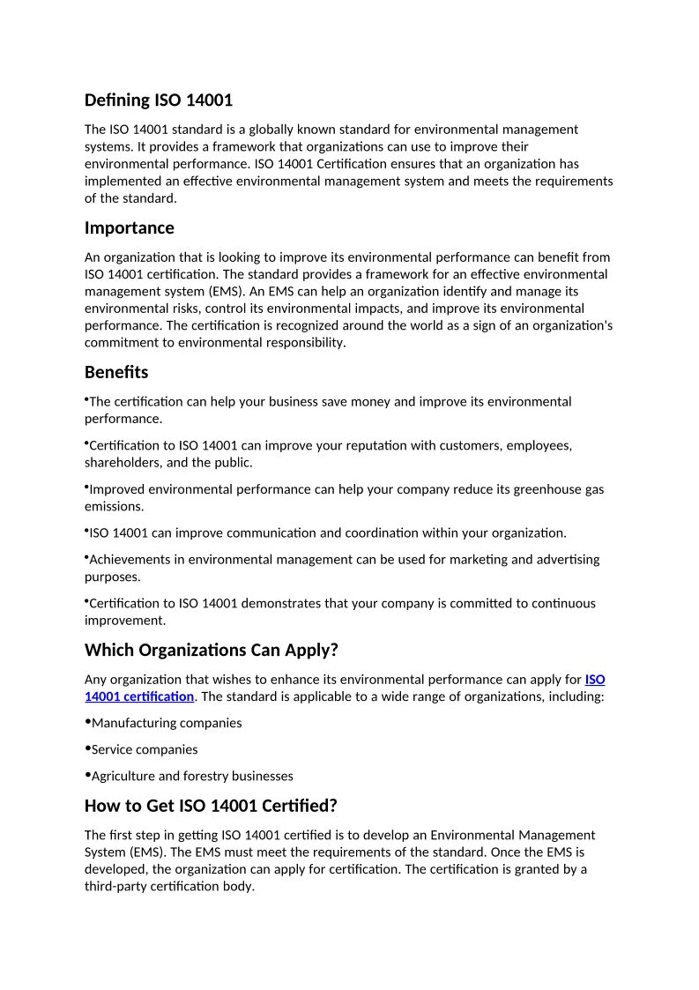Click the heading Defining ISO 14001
[159, 100]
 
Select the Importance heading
[130, 227]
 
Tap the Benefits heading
[116, 372]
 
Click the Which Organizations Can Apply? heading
[212, 650]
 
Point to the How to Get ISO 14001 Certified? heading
[211, 805]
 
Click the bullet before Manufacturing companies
[87, 721]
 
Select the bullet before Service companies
[87, 748]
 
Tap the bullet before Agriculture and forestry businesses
[87, 774]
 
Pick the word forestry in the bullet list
[206, 776]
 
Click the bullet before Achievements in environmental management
[86, 557]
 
